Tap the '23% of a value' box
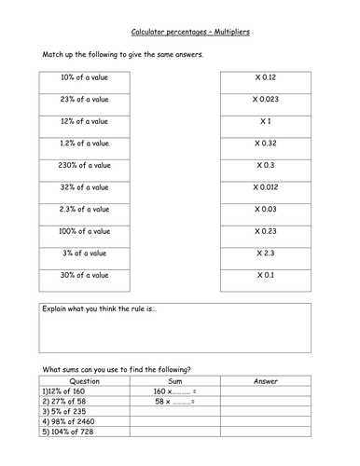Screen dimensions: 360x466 (x=85, y=100)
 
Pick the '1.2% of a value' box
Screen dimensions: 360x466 (x=85, y=144)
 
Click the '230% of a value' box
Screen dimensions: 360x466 (x=85, y=165)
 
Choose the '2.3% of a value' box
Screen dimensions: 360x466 (x=85, y=209)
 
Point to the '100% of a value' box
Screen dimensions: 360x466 (x=85, y=231)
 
